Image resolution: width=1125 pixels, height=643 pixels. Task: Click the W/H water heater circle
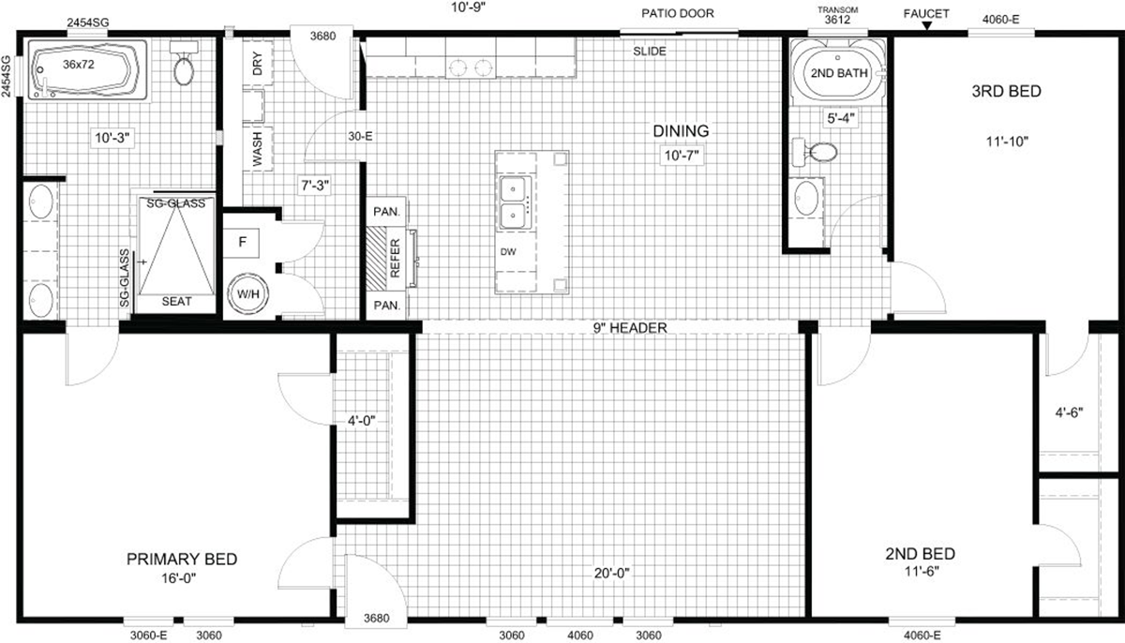[247, 294]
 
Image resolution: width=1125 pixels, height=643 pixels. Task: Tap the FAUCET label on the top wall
[926, 13]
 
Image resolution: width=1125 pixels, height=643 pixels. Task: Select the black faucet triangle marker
[927, 25]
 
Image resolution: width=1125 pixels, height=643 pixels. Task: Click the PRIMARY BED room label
[182, 560]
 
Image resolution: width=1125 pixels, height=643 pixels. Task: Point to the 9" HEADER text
[630, 328]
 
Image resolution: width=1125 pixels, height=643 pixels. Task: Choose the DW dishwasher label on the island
[508, 252]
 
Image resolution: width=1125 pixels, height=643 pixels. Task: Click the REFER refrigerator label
[395, 258]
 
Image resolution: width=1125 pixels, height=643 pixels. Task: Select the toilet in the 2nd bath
[815, 152]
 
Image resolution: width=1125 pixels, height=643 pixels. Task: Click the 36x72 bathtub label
[79, 65]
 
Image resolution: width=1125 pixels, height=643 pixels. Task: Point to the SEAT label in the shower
[177, 301]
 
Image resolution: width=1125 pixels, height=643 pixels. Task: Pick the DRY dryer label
[258, 63]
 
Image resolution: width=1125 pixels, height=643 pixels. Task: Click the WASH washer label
[257, 149]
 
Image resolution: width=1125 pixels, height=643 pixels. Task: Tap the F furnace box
[242, 243]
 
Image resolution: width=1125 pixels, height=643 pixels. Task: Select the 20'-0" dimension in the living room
[611, 573]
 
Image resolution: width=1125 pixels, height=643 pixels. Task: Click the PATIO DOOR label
[678, 13]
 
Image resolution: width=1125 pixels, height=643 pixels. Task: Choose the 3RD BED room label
[1007, 91]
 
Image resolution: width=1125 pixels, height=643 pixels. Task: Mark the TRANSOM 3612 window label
[838, 16]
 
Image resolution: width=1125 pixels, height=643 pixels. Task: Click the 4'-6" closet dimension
[1069, 412]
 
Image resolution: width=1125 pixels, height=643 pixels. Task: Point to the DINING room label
[681, 131]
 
